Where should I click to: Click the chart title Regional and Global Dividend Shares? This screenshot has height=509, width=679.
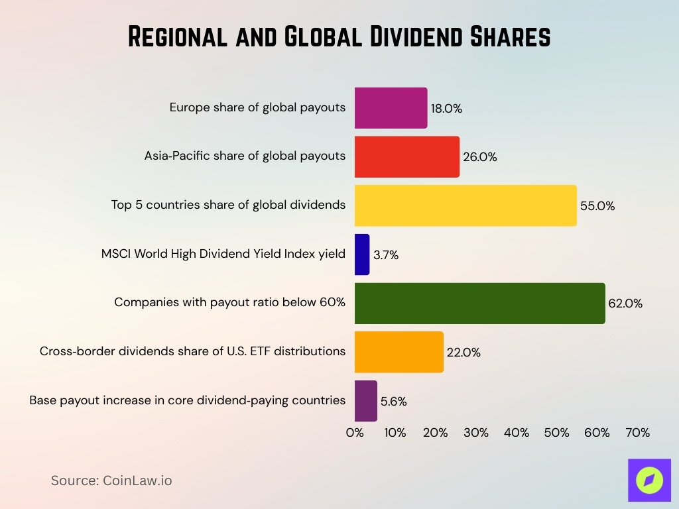click(339, 37)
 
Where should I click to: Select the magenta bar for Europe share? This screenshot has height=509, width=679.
click(391, 108)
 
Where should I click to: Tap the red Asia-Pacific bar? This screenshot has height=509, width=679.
click(406, 157)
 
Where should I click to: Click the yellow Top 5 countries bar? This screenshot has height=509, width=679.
click(465, 205)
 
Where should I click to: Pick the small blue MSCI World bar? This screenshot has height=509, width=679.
click(362, 254)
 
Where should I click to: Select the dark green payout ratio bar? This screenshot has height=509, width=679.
click(479, 304)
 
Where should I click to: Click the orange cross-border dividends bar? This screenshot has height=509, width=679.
click(399, 352)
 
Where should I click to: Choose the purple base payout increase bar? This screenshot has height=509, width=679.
click(366, 401)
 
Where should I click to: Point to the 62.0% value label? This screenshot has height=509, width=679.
click(625, 304)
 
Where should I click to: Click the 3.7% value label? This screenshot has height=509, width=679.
click(385, 255)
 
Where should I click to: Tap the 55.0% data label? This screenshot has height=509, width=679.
click(597, 206)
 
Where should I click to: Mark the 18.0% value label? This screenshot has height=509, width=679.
click(446, 109)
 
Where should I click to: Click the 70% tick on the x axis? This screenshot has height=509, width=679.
click(637, 433)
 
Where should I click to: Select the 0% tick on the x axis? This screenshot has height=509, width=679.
click(355, 433)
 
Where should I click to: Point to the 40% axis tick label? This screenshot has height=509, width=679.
click(516, 433)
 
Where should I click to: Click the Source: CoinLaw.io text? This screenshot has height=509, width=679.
click(111, 481)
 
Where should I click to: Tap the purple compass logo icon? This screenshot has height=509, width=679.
click(649, 480)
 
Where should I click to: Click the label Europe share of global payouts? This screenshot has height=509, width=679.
click(257, 107)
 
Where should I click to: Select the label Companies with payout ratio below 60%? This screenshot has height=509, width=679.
click(229, 302)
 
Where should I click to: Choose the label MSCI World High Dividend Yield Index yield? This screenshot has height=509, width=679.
click(223, 253)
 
